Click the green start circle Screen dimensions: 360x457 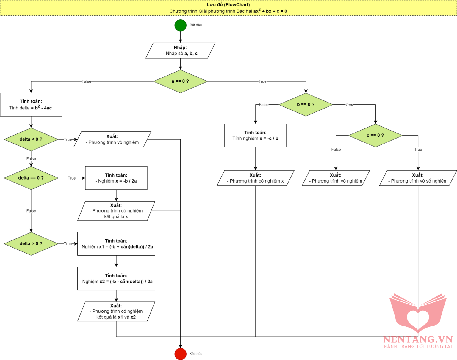[x=180, y=25]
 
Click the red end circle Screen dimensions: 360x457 [x=180, y=354]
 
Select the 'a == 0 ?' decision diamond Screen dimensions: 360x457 [x=180, y=81]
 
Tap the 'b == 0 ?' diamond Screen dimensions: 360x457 [x=306, y=104]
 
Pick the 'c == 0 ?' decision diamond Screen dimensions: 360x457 [x=375, y=135]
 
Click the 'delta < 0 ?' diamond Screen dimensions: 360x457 [x=31, y=139]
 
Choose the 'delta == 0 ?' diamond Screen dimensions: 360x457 [x=31, y=178]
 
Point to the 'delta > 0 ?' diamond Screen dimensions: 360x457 [x=31, y=243]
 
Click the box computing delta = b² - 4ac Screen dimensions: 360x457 [x=31, y=104]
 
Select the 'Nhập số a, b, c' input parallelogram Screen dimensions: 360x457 [x=180, y=50]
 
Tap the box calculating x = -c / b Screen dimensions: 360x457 [x=255, y=135]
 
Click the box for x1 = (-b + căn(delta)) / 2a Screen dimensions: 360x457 [x=116, y=243]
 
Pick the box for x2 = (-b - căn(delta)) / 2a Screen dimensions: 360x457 [x=116, y=278]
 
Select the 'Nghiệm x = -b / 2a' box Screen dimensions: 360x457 [x=116, y=178]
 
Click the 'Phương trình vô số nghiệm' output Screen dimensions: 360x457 [x=418, y=178]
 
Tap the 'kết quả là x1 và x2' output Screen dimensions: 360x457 [x=116, y=311]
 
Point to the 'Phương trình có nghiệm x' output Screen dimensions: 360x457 [x=255, y=178]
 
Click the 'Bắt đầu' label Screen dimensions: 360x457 [x=196, y=25]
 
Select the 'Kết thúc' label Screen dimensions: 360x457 [x=196, y=354]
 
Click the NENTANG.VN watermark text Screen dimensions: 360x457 [x=418, y=339]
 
